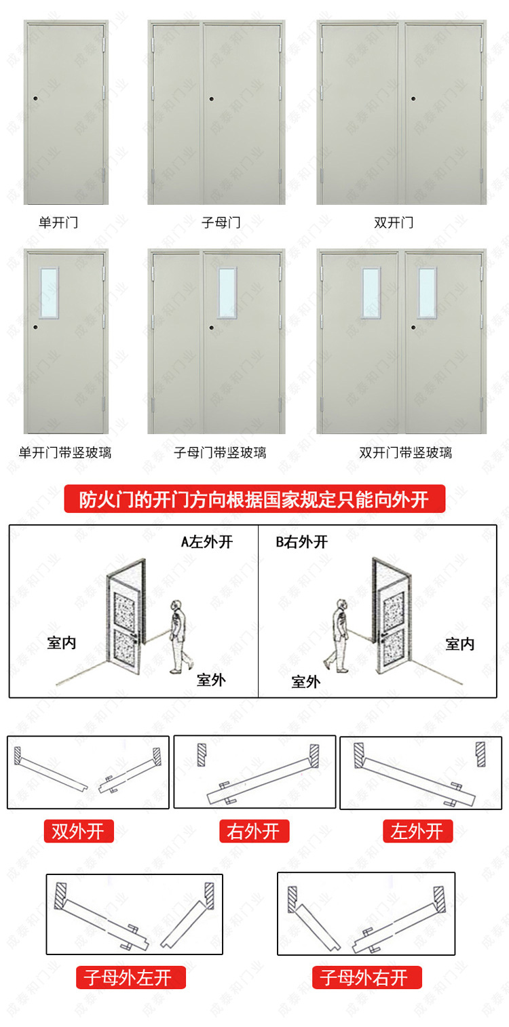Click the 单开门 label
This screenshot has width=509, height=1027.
58,222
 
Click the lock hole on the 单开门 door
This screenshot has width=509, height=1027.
34,98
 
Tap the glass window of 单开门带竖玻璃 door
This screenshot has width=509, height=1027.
49,292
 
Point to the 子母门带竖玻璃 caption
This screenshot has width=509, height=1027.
220,452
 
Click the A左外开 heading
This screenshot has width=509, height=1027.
206,542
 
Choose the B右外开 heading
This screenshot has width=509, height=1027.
302,542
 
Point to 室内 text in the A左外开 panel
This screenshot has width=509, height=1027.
62,643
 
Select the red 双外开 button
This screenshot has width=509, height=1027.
78,831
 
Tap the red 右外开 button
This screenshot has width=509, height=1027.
254,831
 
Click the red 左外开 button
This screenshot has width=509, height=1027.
417,831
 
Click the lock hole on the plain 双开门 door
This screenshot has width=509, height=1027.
413,98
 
